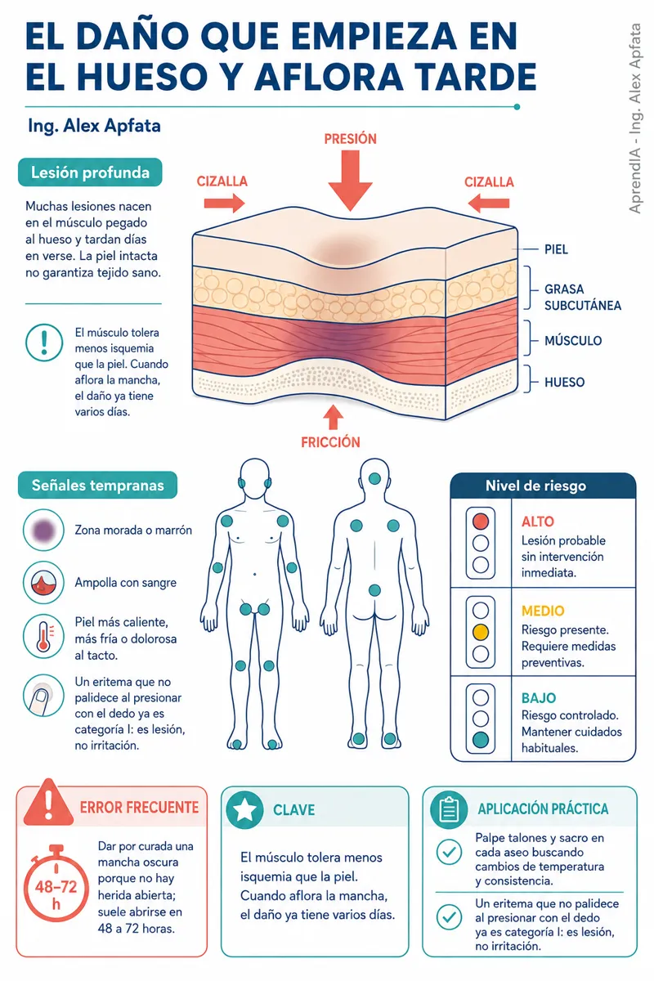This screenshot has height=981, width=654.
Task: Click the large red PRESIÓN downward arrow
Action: (x=350, y=180)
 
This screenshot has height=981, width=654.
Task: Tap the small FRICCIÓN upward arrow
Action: (x=334, y=417)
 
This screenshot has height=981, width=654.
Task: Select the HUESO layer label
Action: (x=564, y=383)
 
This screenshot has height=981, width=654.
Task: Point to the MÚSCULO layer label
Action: (x=573, y=341)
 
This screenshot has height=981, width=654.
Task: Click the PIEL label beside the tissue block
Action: (x=556, y=249)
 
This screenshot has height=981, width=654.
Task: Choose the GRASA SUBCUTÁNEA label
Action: (x=583, y=298)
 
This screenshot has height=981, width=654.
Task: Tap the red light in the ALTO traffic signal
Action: (x=481, y=522)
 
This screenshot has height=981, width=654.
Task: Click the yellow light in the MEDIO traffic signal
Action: (x=481, y=632)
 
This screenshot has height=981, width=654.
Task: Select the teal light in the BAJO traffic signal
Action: (x=481, y=740)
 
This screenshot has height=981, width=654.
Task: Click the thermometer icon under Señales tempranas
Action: (x=43, y=636)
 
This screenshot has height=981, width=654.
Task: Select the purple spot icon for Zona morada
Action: (x=43, y=530)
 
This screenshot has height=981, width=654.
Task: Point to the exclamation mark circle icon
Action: (x=44, y=343)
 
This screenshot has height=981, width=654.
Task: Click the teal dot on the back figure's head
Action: (x=374, y=478)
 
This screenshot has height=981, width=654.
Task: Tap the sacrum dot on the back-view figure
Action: (x=374, y=590)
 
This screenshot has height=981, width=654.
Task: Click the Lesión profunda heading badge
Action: (x=90, y=172)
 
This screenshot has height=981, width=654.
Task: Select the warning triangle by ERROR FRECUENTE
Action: (x=48, y=802)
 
